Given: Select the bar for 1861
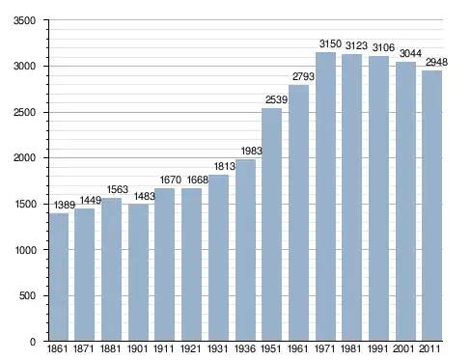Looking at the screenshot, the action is click(59, 277).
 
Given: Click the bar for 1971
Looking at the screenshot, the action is click(325, 196).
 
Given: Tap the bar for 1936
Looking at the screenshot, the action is click(245, 250).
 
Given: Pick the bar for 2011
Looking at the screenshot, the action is click(432, 206).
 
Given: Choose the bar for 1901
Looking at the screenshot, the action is click(138, 272).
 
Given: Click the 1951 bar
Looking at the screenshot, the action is click(272, 224).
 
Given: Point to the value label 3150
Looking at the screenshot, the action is click(330, 43).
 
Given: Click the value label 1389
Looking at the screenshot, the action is click(65, 205).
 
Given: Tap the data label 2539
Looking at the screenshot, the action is click(276, 99).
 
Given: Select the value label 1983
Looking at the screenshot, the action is click(252, 151).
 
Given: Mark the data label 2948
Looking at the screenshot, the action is click(436, 62).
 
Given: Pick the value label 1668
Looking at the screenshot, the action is click(198, 180).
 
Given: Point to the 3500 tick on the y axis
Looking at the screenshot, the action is click(24, 20).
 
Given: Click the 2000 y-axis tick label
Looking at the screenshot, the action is click(24, 158).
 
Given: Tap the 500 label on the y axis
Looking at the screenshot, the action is click(27, 295).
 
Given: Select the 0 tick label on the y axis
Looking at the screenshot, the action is click(33, 342).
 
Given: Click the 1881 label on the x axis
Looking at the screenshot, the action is click(110, 348).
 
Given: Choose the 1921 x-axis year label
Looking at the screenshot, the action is click(190, 348).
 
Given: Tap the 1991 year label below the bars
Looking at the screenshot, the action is click(377, 348).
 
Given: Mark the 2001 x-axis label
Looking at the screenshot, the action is click(404, 348).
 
